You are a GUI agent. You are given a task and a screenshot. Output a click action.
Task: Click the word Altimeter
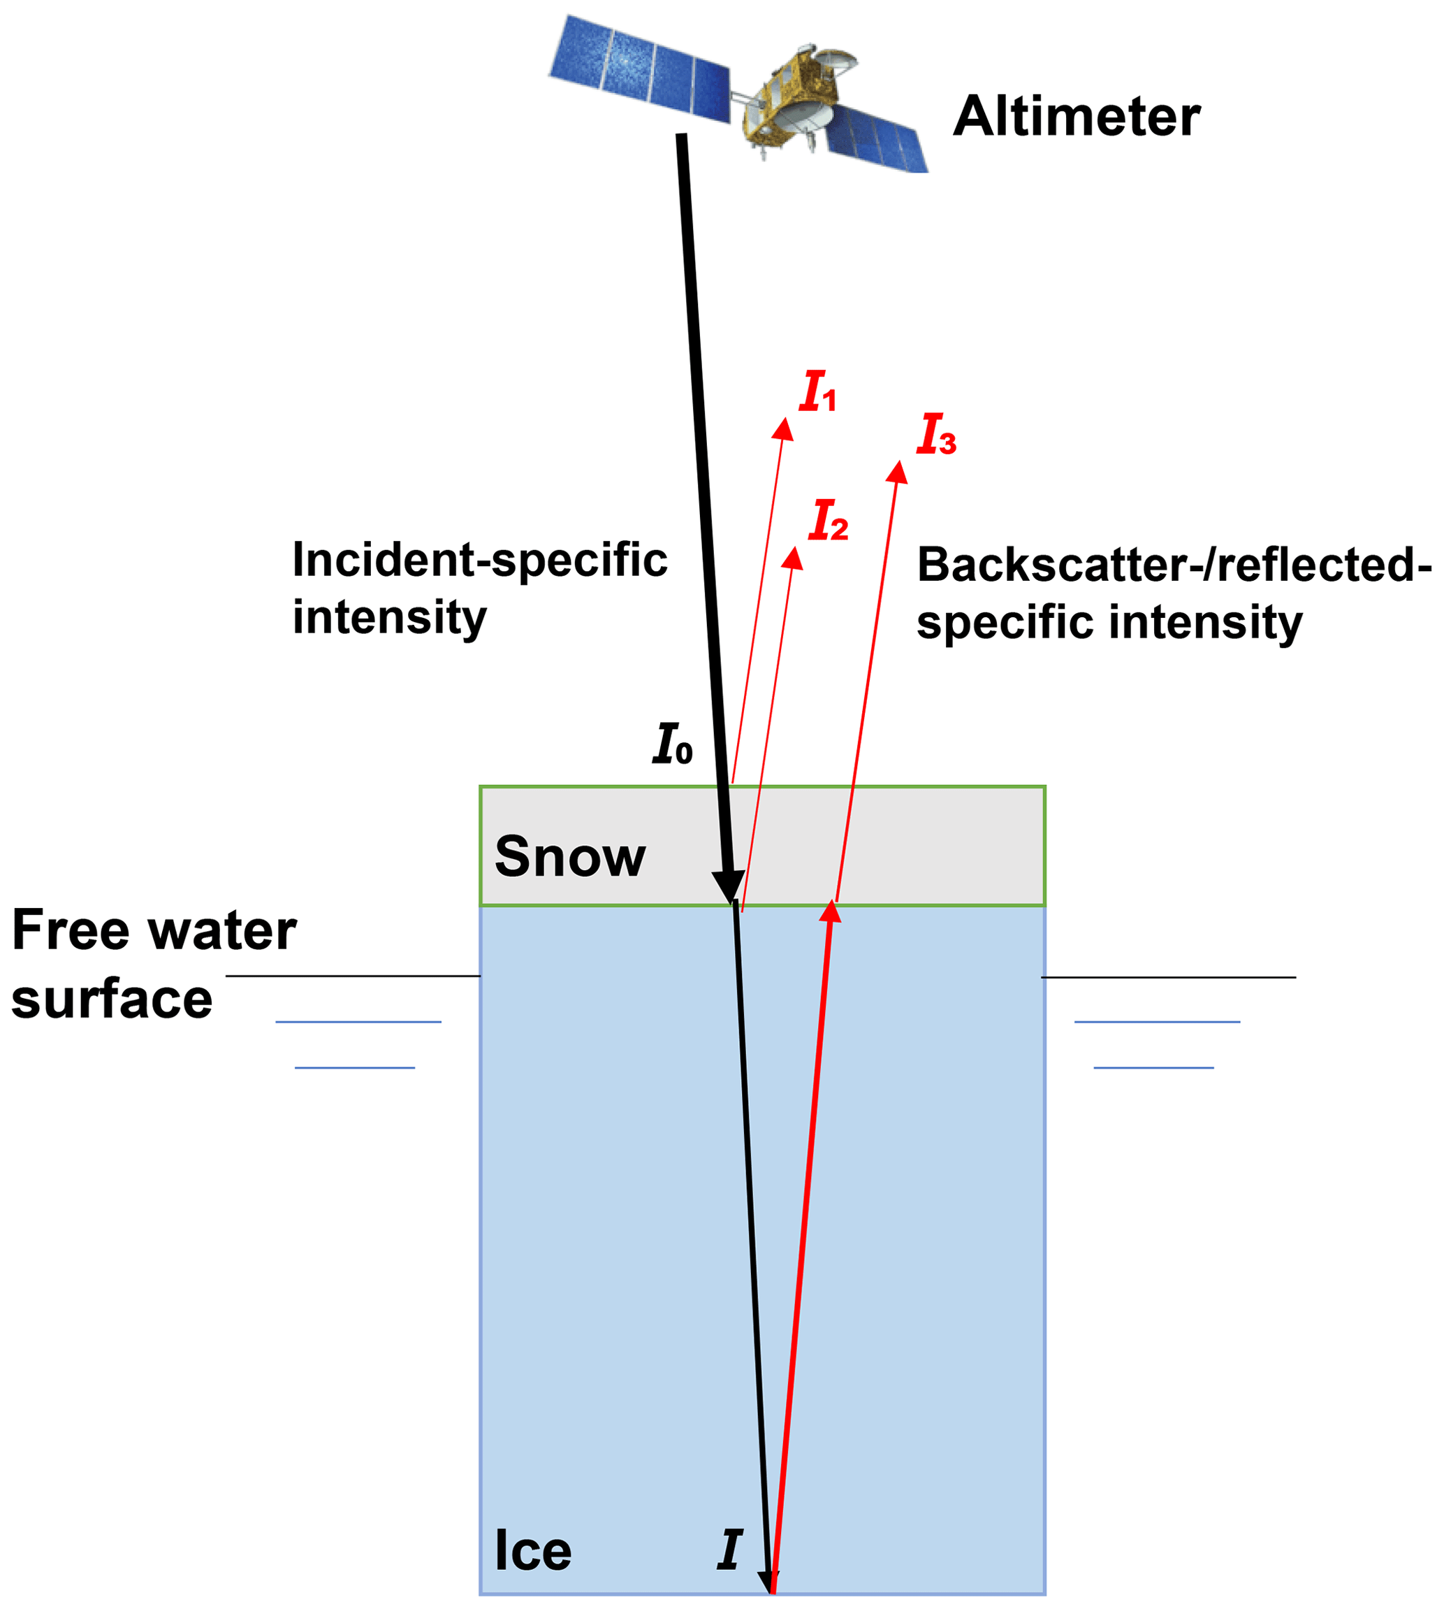pos(1076,117)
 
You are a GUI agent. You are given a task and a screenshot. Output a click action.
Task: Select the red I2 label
pos(829,521)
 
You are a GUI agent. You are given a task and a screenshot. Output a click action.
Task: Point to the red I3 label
pos(936,434)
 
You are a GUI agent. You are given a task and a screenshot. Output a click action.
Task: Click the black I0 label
pos(672,744)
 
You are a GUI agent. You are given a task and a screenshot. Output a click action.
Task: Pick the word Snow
pos(569,858)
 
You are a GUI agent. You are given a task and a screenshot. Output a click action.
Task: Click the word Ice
pos(532,1550)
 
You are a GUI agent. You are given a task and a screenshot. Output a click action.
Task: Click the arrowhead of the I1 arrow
pos(784,428)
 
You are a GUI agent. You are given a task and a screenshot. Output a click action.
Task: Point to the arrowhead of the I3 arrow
pos(897,472)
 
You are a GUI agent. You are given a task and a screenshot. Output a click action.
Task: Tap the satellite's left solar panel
pos(639,69)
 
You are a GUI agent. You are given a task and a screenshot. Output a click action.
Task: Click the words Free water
pos(154,930)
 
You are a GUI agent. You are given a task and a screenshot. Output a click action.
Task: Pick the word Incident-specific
pos(479,560)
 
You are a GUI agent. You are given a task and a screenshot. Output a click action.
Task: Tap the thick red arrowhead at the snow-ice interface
pos(831,911)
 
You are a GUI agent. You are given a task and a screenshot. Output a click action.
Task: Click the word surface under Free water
pos(112,999)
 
